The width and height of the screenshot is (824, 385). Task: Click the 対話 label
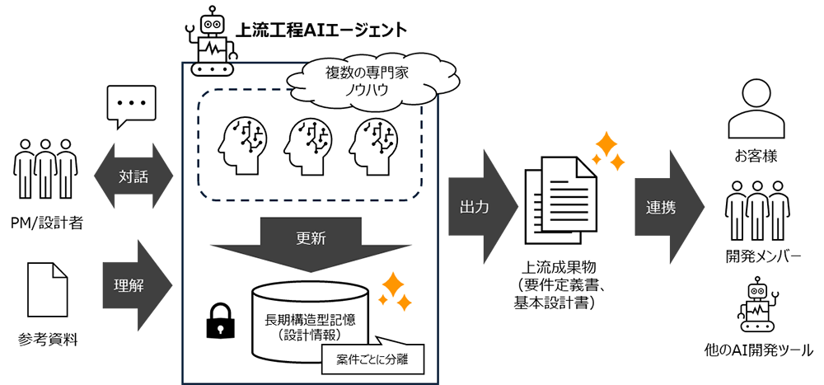tap(133, 176)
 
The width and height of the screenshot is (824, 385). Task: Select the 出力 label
tap(474, 208)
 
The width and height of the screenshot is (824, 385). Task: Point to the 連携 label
tap(661, 208)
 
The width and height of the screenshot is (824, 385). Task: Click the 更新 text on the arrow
tap(311, 237)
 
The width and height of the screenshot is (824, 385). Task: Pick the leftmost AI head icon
tap(241, 145)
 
